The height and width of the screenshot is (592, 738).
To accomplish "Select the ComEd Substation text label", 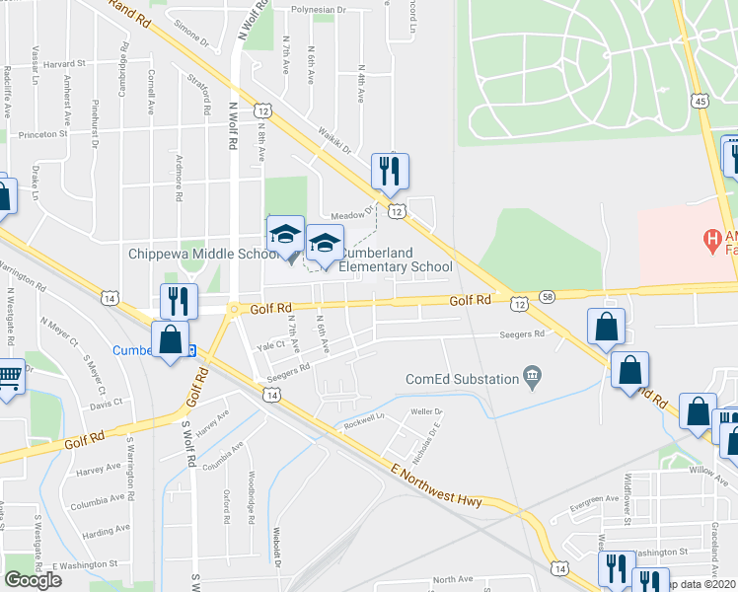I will (x=462, y=379).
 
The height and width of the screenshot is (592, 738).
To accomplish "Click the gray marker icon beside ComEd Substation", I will (x=534, y=375).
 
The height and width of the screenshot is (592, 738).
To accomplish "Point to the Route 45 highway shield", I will (x=699, y=102).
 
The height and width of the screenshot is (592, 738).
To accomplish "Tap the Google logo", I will (x=33, y=579).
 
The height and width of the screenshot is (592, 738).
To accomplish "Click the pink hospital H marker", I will (x=708, y=238).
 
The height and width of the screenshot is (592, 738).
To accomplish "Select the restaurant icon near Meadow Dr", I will (x=389, y=171).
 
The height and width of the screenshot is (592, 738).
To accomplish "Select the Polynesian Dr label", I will (x=320, y=12).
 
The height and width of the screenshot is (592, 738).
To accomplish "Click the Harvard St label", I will (x=66, y=64).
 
